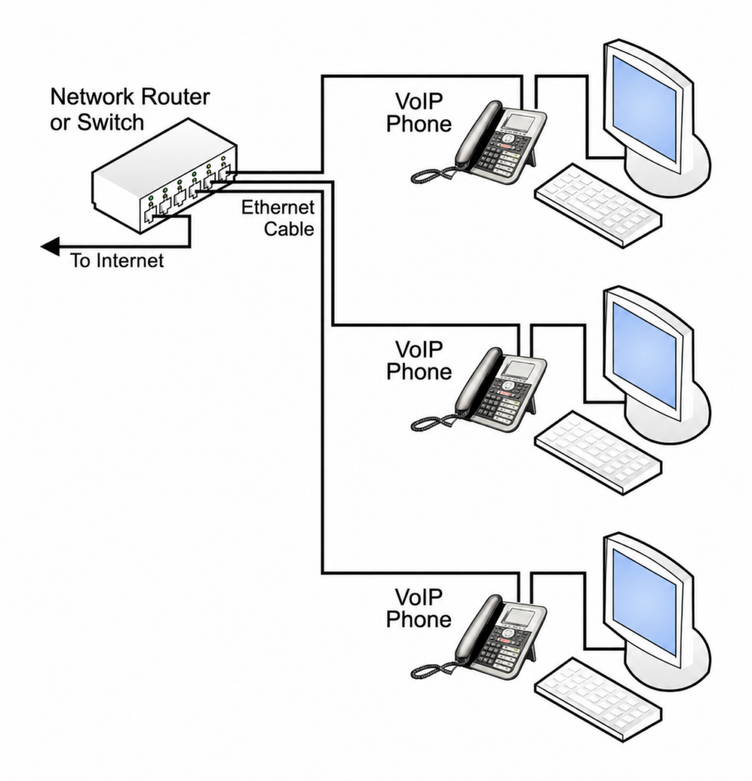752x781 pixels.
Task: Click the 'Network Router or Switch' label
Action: (x=130, y=110)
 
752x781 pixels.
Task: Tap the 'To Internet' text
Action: (x=117, y=261)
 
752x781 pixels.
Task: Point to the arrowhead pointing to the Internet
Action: (x=50, y=246)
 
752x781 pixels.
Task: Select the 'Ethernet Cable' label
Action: (x=278, y=217)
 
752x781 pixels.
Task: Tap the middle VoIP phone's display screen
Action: (x=518, y=369)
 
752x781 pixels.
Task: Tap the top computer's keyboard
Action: (x=598, y=205)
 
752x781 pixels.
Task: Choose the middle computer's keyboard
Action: (x=598, y=452)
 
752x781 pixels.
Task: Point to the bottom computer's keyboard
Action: (x=598, y=699)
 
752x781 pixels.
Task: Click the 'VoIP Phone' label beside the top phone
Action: (x=419, y=113)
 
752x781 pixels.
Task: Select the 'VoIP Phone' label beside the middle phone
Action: (x=419, y=360)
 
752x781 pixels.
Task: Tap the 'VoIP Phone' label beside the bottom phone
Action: (x=419, y=608)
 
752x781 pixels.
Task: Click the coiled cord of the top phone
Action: (x=432, y=175)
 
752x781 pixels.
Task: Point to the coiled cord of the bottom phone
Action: (x=432, y=669)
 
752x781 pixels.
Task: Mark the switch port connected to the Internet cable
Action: (x=149, y=215)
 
